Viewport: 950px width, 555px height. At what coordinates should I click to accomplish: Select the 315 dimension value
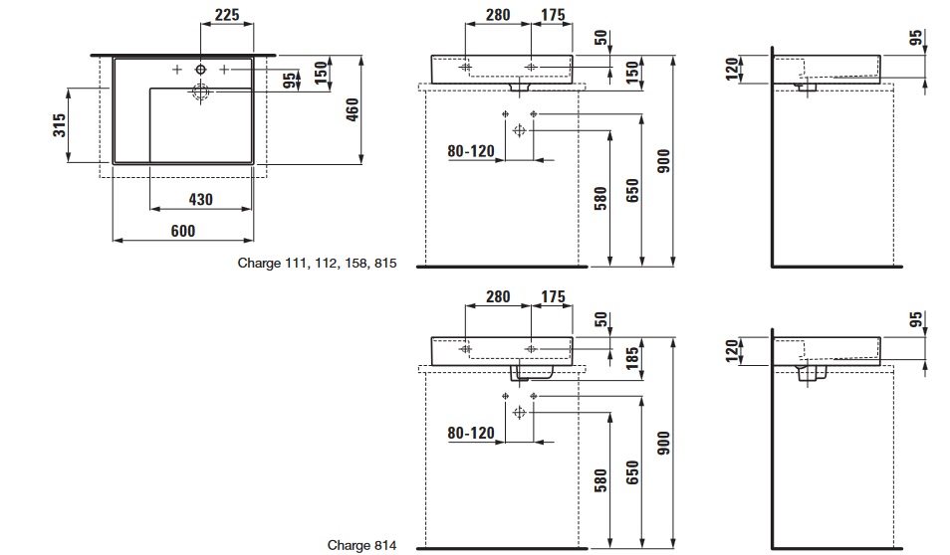pyautogui.click(x=60, y=124)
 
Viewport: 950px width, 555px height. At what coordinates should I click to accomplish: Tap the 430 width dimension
pyautogui.click(x=201, y=199)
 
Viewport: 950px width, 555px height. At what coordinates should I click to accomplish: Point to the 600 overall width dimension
pyautogui.click(x=183, y=230)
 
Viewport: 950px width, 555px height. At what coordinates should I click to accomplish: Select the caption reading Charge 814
pyautogui.click(x=361, y=545)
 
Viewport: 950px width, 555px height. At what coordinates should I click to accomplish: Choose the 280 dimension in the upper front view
pyautogui.click(x=498, y=14)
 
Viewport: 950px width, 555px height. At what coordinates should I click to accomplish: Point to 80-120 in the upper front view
pyautogui.click(x=471, y=151)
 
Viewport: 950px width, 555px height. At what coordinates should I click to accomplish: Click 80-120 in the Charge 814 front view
pyautogui.click(x=471, y=433)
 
